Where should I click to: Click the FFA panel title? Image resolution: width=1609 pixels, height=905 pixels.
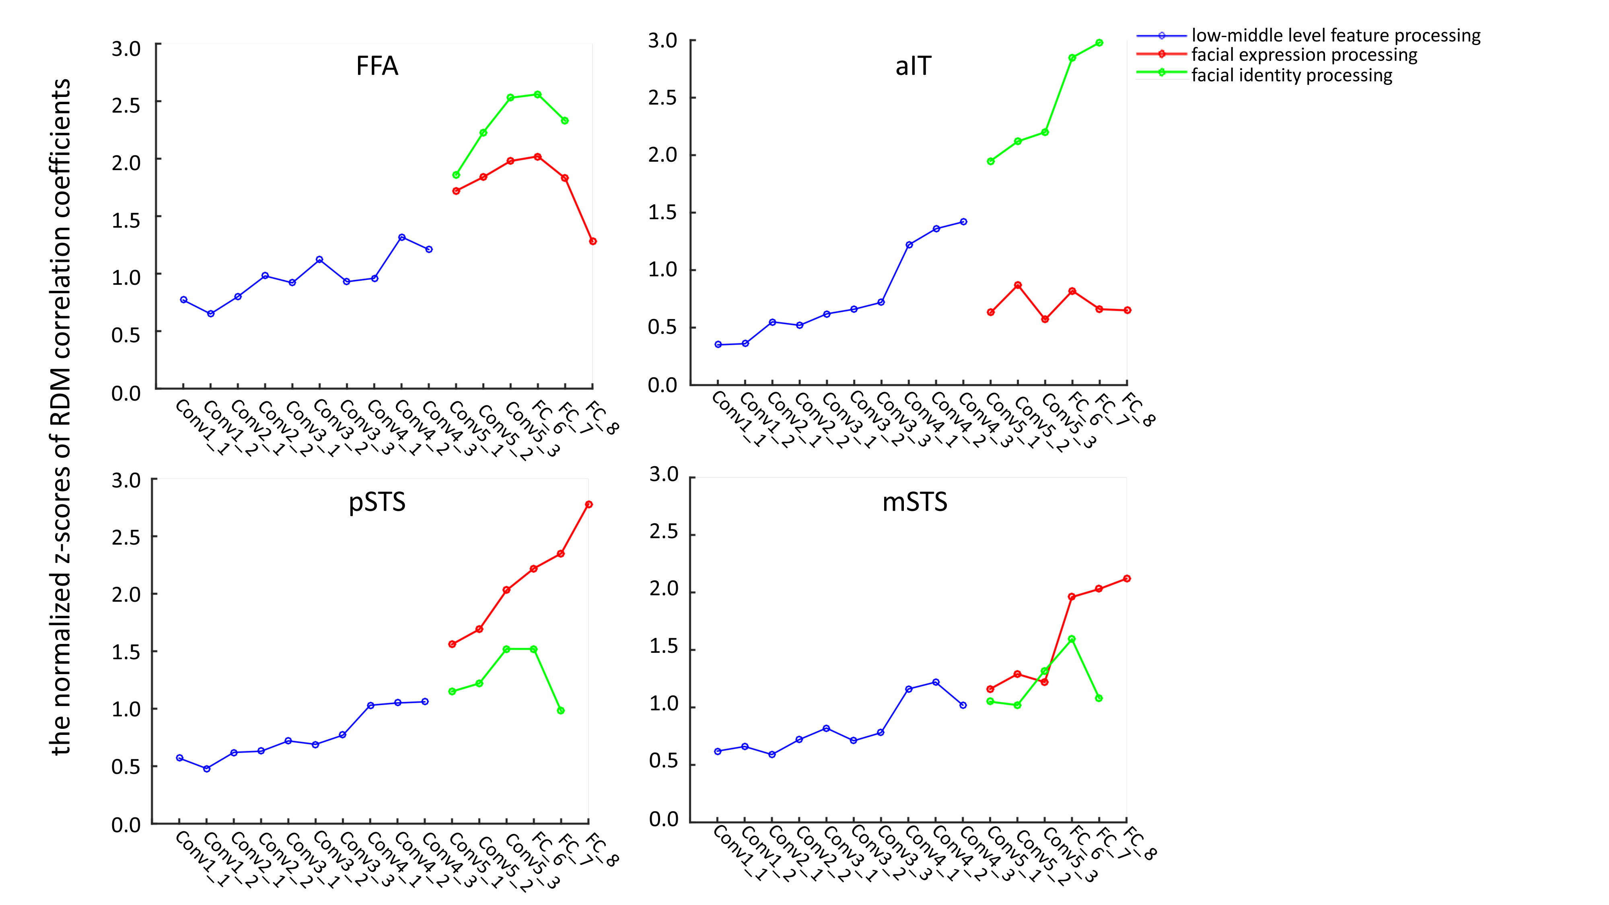coord(377,66)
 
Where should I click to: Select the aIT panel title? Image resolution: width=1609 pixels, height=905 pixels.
coord(913,66)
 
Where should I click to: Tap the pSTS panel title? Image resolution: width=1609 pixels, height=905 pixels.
coord(377,502)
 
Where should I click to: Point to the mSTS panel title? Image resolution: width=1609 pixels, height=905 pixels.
coord(914,502)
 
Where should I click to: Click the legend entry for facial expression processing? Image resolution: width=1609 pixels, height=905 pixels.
coord(1304,55)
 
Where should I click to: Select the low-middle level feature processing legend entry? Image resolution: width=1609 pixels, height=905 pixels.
coord(1335,36)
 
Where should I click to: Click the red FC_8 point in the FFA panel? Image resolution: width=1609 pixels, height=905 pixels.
coord(593,241)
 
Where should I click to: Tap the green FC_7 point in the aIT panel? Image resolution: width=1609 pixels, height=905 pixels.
coord(1099,43)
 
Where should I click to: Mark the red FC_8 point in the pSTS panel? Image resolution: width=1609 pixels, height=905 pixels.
coord(588,504)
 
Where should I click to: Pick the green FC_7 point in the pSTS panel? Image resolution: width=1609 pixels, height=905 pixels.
coord(561,710)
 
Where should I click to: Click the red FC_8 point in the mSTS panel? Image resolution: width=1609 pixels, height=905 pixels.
coord(1127,578)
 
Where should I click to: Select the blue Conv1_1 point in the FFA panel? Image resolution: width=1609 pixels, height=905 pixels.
coord(184,300)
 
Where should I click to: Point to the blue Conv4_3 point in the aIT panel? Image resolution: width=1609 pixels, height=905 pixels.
coord(963,222)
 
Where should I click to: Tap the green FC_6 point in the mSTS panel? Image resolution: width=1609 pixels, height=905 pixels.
coord(1072,639)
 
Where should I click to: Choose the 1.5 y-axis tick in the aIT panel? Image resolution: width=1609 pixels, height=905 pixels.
coord(663,212)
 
